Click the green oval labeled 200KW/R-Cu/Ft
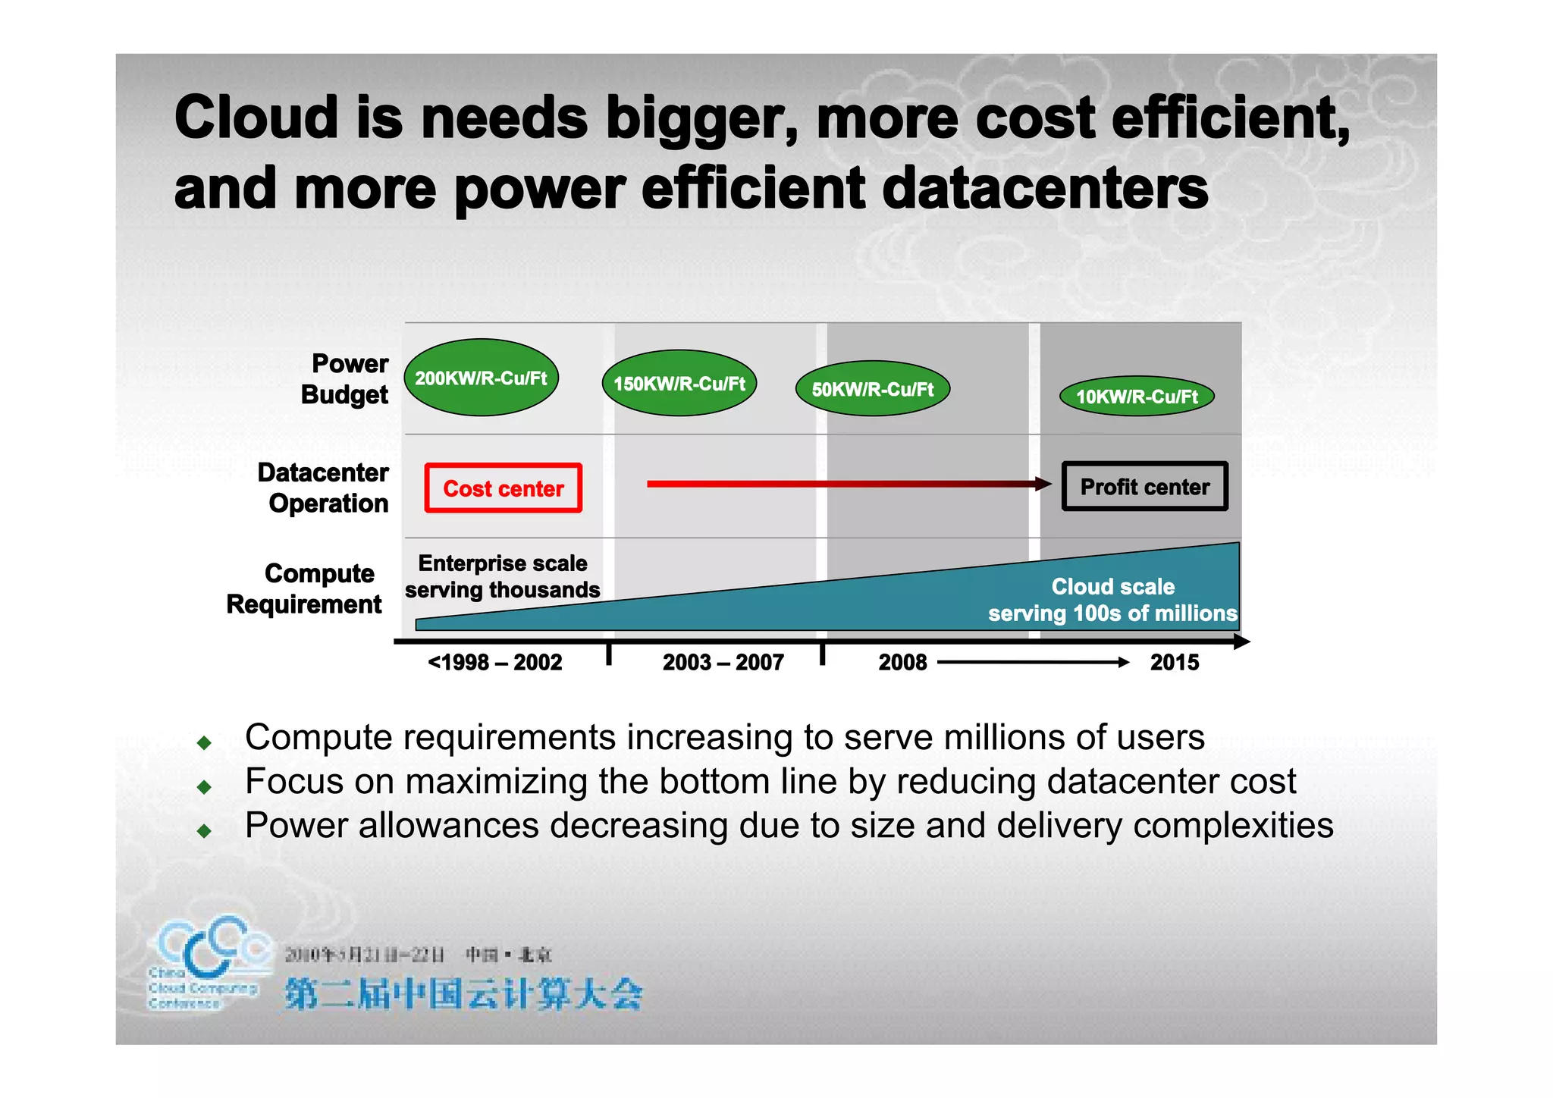pos(482,378)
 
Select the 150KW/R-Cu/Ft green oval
pos(679,383)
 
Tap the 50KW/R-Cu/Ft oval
pos(873,389)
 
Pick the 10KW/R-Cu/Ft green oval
pos(1137,396)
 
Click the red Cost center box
pos(504,488)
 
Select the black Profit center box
pos(1144,487)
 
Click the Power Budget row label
pos(346,379)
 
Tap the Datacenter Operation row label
pos(324,488)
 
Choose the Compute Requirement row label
pos(306,588)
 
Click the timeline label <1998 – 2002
pos(495,663)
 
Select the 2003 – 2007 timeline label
pos(723,663)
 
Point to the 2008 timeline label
pos(902,663)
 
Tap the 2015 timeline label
pos(1175,663)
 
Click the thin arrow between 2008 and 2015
pos(1033,663)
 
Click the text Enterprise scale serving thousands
pos(503,576)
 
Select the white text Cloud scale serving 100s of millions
pos(1112,600)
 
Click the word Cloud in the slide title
pos(256,118)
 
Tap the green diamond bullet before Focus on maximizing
pos(204,787)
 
